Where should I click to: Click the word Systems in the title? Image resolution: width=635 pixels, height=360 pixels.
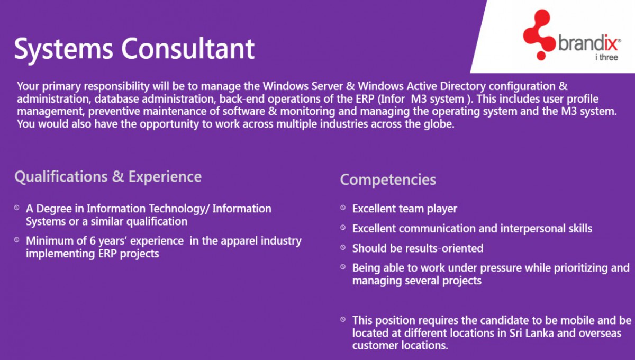click(64, 49)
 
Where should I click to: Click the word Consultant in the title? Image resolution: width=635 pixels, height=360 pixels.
click(188, 49)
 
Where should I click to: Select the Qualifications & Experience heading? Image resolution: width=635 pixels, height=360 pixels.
click(108, 176)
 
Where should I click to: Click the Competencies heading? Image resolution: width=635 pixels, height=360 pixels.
click(388, 179)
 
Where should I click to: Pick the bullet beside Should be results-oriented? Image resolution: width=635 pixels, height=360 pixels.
click(343, 248)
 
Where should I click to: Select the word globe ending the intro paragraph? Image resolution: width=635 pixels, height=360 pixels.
click(439, 124)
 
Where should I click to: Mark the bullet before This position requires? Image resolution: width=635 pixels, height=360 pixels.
click(343, 320)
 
